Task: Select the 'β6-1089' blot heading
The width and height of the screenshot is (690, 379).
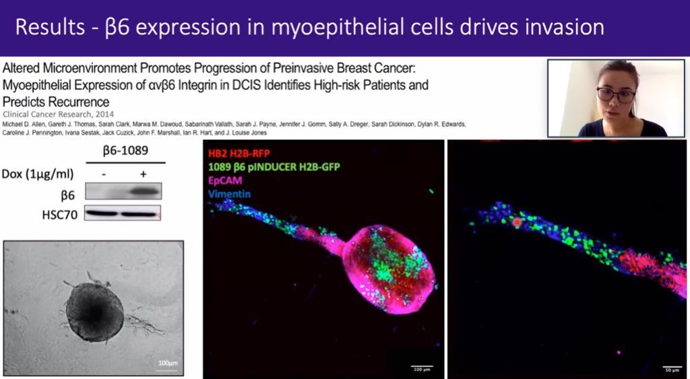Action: click(x=126, y=152)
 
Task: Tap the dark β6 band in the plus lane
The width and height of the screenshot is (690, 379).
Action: click(x=142, y=192)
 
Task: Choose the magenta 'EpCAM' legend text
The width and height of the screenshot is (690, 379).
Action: click(x=226, y=180)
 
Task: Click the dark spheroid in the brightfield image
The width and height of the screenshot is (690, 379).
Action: click(x=94, y=311)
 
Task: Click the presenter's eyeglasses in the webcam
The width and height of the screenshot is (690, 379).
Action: click(x=615, y=95)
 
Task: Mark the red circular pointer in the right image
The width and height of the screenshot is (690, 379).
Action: click(x=517, y=221)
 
